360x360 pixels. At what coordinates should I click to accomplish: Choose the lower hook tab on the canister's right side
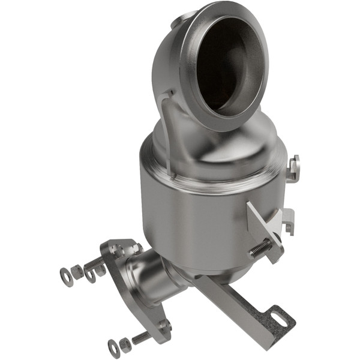[x=289, y=219]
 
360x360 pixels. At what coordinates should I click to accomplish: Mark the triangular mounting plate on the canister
[x=264, y=225]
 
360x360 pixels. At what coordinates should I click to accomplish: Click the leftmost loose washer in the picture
[x=65, y=277]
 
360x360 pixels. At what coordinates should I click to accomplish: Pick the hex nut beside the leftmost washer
[x=77, y=272]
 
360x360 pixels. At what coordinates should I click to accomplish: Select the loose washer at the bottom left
[x=113, y=347]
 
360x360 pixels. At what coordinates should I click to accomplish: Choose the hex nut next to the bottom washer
[x=125, y=344]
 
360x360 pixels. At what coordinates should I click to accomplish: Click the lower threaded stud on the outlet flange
[x=142, y=337]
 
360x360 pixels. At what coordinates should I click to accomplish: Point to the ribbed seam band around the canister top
[x=210, y=180]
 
